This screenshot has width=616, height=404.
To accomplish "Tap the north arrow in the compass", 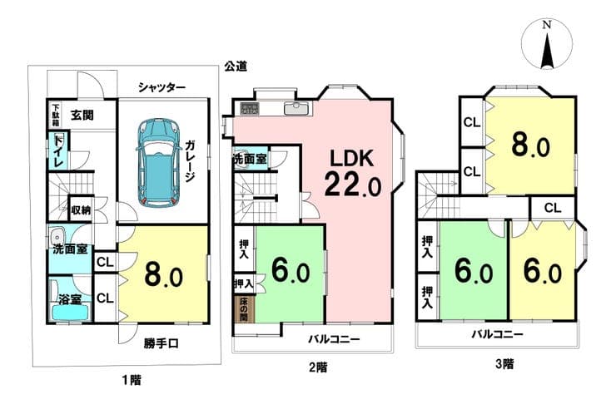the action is click(x=547, y=50).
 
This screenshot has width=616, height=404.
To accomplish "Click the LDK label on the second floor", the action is click(x=350, y=159).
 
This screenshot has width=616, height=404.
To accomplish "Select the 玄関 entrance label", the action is click(x=82, y=116).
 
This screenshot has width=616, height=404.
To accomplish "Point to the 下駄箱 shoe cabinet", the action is click(x=56, y=115).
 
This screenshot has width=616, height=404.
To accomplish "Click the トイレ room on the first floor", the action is click(x=58, y=150).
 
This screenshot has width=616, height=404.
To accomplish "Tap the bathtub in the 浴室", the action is click(x=70, y=313).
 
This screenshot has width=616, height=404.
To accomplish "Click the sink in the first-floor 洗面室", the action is click(x=57, y=237).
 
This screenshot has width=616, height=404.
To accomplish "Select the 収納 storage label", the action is click(x=82, y=209).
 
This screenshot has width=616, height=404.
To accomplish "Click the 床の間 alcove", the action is click(x=244, y=309).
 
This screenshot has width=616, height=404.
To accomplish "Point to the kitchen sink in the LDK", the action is click(x=297, y=108).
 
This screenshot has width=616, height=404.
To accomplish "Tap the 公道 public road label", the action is click(x=236, y=67).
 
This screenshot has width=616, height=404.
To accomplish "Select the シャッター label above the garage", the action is click(x=161, y=87).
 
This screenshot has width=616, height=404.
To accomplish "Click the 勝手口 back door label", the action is click(x=161, y=344).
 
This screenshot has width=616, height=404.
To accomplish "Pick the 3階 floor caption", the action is click(x=504, y=363).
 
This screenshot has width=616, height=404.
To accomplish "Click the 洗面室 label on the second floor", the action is click(x=251, y=159).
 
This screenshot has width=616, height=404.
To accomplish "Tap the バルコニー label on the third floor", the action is click(x=497, y=334).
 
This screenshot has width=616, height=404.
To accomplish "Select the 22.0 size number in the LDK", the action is click(x=352, y=185).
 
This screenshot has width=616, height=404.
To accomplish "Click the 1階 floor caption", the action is click(x=132, y=380).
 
